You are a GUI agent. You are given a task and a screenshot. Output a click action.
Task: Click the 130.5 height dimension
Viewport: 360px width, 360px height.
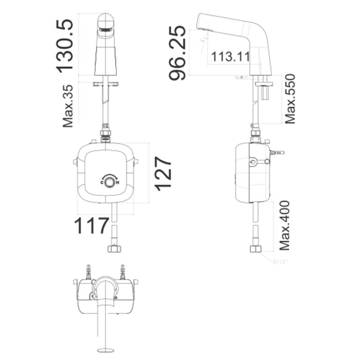click(65, 45)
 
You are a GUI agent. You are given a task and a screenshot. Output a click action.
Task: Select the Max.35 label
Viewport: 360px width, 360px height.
click(69, 106)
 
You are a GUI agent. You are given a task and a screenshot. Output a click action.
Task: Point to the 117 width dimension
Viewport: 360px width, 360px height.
click(92, 226)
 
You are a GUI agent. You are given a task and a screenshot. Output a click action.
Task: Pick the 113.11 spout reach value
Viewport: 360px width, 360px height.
click(230, 57)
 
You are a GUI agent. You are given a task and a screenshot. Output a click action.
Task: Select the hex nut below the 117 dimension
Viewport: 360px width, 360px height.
click(114, 248)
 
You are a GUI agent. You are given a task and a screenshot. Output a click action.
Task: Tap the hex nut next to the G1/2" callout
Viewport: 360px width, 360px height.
click(256, 248)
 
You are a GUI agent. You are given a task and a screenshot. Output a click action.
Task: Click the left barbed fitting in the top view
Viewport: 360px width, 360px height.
click(87, 271)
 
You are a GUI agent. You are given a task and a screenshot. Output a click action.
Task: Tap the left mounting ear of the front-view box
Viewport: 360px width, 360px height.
click(75, 162)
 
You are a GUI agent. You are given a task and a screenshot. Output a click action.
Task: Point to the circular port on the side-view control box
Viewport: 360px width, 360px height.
click(253, 163)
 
